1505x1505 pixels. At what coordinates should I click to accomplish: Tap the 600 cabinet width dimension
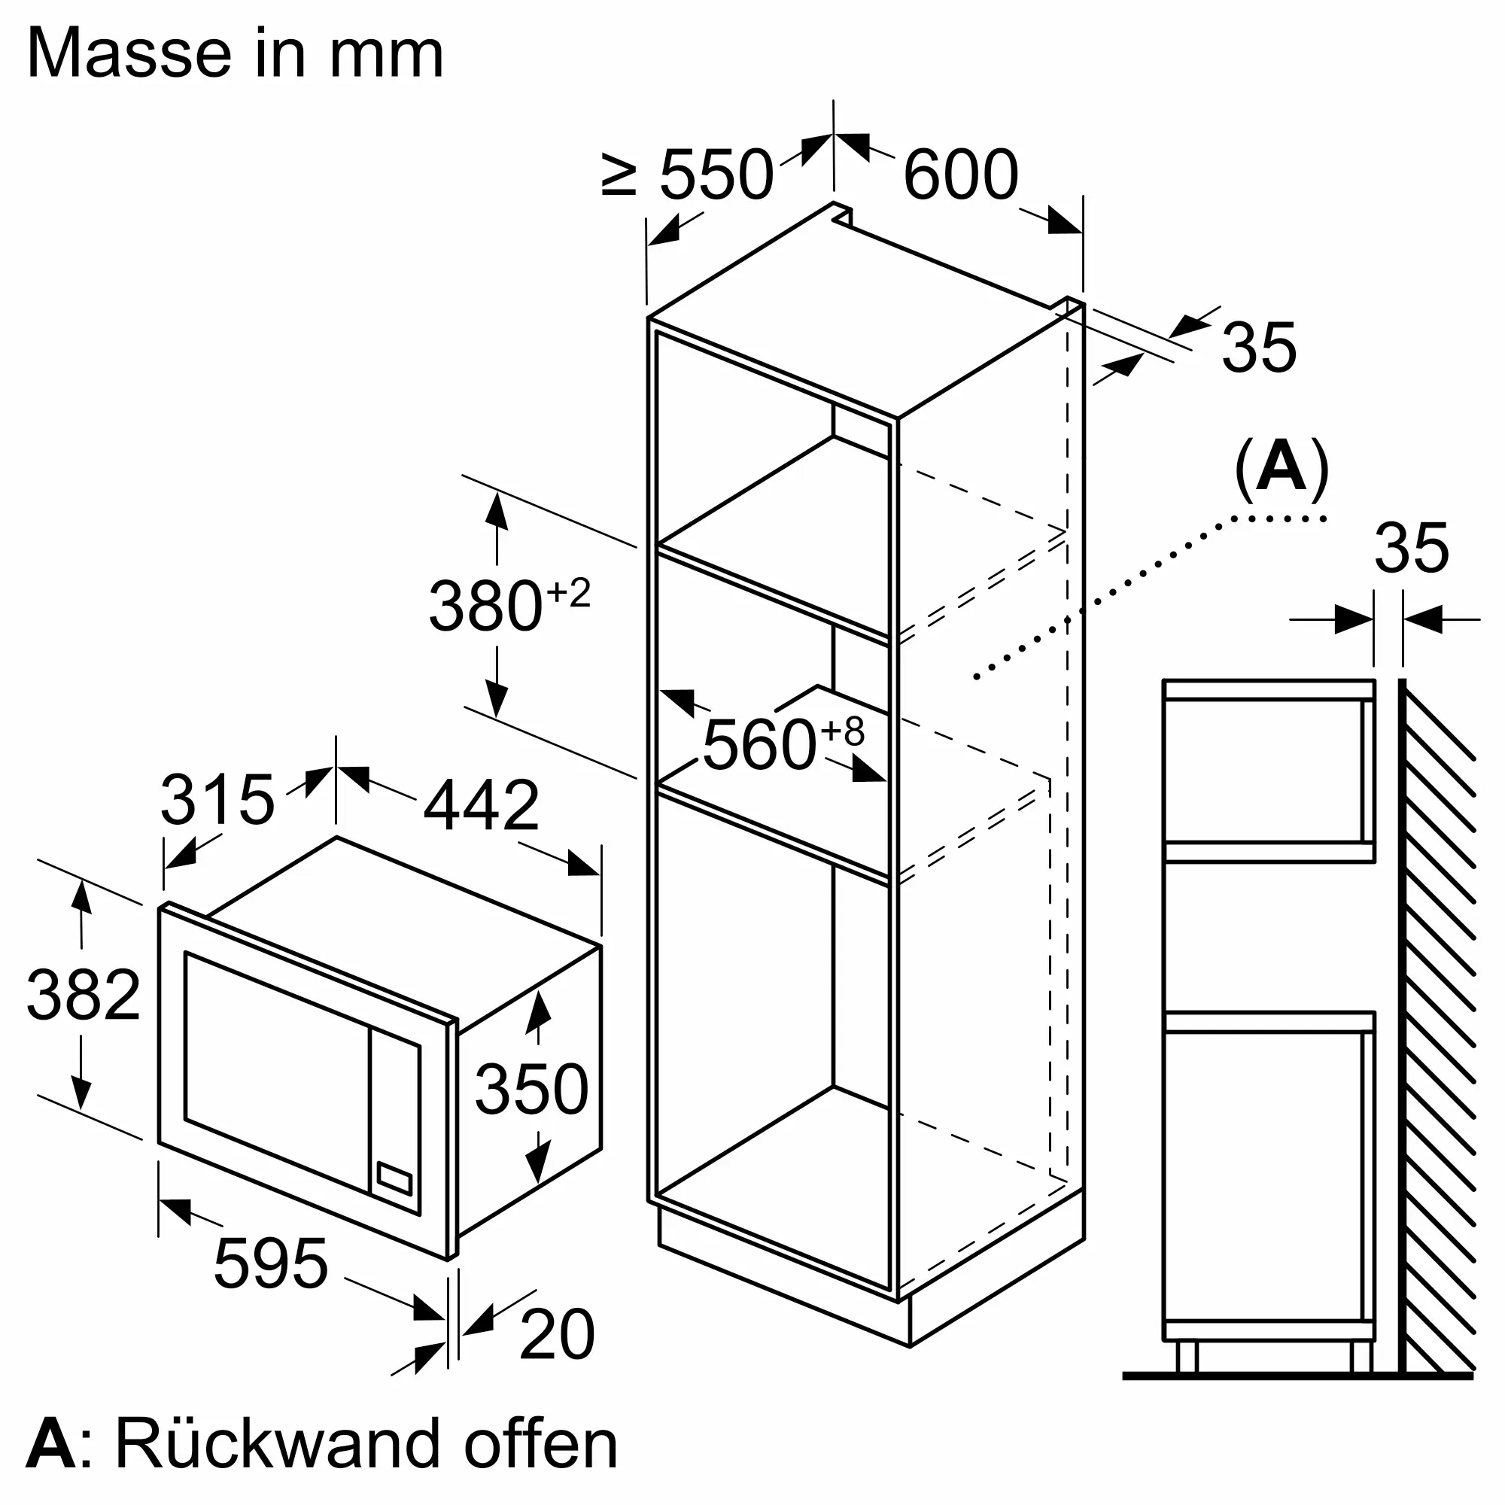pyautogui.click(x=960, y=175)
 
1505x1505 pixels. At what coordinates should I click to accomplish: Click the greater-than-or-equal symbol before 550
pyautogui.click(x=620, y=175)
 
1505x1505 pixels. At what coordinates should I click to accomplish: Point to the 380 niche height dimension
pyautogui.click(x=485, y=606)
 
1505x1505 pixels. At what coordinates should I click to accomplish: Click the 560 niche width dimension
pyautogui.click(x=759, y=746)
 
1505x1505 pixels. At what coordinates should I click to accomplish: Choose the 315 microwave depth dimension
pyautogui.click(x=217, y=799)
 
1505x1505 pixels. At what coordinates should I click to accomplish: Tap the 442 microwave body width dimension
pyautogui.click(x=481, y=805)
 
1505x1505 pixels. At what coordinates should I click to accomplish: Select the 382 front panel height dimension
pyautogui.click(x=84, y=995)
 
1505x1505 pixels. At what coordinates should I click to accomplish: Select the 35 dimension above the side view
pyautogui.click(x=1411, y=549)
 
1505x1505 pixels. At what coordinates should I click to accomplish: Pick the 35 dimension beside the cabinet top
pyautogui.click(x=1259, y=347)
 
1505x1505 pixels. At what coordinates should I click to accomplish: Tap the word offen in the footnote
pyautogui.click(x=540, y=1445)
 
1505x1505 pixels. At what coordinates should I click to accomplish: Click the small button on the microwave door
pyautogui.click(x=394, y=1178)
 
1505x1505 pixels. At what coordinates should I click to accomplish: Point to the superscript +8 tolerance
pyautogui.click(x=844, y=731)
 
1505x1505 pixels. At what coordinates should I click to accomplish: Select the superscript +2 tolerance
pyautogui.click(x=569, y=594)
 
